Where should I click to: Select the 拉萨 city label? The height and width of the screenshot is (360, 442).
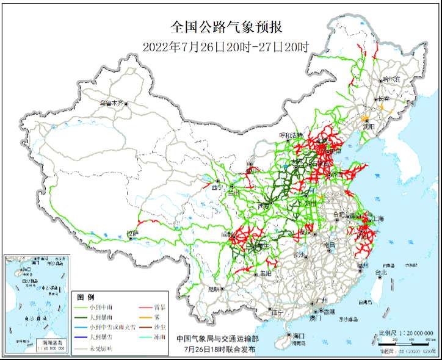coord(132,233)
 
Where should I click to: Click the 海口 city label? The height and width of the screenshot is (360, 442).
coord(299,336)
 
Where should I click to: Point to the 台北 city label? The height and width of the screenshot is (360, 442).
coord(380,273)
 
